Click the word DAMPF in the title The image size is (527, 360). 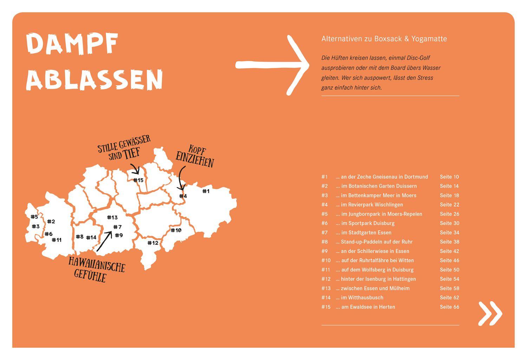(x=72, y=44)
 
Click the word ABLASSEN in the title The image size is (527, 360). (x=95, y=80)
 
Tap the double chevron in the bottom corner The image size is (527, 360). (x=490, y=313)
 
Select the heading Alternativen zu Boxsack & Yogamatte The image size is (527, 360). (x=384, y=39)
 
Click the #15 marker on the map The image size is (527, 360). (x=138, y=180)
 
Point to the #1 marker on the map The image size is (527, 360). (x=206, y=191)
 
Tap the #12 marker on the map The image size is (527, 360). (x=153, y=243)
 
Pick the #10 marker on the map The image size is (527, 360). (x=176, y=230)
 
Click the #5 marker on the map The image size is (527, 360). (x=34, y=217)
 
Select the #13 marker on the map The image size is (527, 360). (x=112, y=218)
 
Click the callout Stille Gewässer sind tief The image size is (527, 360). (x=124, y=147)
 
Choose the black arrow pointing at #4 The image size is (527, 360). (x=181, y=178)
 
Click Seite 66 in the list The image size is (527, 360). (x=449, y=307)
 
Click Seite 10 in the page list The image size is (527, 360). (x=449, y=177)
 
